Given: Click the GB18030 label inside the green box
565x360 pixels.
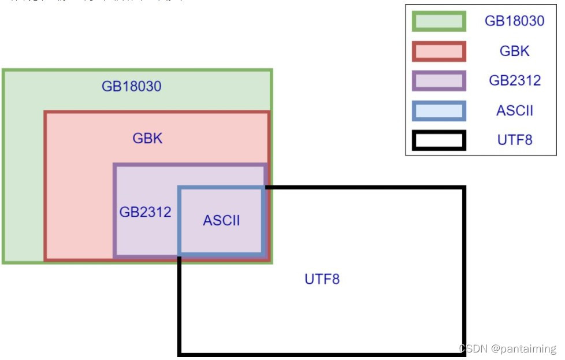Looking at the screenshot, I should pyautogui.click(x=131, y=87).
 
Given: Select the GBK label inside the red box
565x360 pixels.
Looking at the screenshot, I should pyautogui.click(x=147, y=139).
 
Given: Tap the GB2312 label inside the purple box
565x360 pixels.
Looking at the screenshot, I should pyautogui.click(x=145, y=212).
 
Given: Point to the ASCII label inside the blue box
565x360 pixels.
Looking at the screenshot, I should pyautogui.click(x=221, y=220).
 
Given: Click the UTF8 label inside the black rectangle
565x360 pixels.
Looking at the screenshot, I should pyautogui.click(x=322, y=280).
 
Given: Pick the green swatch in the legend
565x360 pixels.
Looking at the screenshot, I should pyautogui.click(x=439, y=21).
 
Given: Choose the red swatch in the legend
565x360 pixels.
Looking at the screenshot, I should pyautogui.click(x=439, y=51).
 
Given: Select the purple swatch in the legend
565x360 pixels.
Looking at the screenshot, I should pyautogui.click(x=439, y=81).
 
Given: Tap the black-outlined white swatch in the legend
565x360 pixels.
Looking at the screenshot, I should pyautogui.click(x=439, y=140).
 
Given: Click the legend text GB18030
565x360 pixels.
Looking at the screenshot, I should pyautogui.click(x=514, y=21).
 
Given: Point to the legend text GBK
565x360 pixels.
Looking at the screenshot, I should pyautogui.click(x=514, y=51).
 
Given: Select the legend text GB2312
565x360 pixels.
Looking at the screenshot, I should pyautogui.click(x=515, y=81).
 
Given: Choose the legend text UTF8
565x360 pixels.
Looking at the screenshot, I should pyautogui.click(x=515, y=140).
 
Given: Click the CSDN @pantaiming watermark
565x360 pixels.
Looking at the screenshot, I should pyautogui.click(x=507, y=349).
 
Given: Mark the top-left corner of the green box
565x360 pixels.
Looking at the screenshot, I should pyautogui.click(x=4, y=71).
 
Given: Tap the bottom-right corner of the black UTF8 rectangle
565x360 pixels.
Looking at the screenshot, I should pyautogui.click(x=464, y=353).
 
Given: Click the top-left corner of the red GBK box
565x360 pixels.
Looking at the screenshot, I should pyautogui.click(x=46, y=113).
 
